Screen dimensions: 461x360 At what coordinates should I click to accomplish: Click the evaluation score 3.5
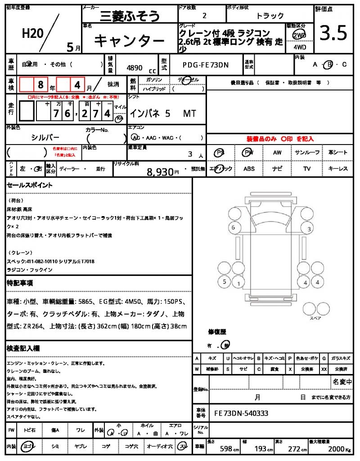(333, 33)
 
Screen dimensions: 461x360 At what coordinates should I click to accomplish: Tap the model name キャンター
(129, 41)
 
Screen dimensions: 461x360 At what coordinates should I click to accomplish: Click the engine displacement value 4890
(135, 68)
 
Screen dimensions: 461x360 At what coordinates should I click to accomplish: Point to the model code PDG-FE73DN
(206, 65)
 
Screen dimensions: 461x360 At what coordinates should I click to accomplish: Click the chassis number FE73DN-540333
(242, 413)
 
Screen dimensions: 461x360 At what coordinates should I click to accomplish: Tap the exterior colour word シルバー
(45, 137)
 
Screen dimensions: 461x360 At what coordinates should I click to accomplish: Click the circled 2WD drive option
(298, 35)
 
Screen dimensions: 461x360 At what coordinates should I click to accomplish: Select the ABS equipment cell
(249, 169)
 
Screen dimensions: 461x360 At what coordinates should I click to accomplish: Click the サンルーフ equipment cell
(307, 153)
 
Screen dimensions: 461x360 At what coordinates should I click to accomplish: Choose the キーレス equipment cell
(337, 169)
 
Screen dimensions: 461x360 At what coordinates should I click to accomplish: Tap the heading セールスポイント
(30, 185)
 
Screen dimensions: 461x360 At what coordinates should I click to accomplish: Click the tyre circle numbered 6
(233, 228)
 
